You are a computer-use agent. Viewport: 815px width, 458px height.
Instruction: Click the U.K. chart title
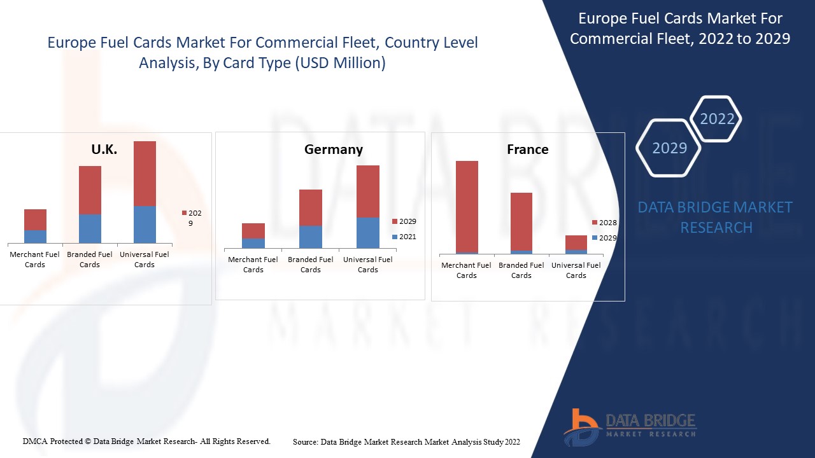point(104,150)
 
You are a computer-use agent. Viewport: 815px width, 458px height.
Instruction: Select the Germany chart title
point(333,149)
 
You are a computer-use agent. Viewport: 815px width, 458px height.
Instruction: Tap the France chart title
point(527,149)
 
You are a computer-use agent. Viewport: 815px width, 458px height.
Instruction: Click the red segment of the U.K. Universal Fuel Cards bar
point(145,173)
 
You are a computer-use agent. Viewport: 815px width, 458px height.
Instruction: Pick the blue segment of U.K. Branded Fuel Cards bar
point(90,228)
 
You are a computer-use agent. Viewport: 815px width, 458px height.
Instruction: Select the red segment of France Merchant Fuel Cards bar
point(467,206)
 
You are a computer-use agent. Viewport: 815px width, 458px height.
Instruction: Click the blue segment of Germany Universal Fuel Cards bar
point(367,233)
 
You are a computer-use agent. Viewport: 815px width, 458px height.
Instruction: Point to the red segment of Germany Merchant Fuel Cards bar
point(253,231)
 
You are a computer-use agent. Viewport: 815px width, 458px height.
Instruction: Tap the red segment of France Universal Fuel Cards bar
point(576,242)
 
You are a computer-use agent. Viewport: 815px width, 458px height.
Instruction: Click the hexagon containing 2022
point(716,119)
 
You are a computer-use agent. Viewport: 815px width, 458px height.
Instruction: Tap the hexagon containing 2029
point(669,148)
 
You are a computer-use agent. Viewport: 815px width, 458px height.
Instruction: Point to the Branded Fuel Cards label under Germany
point(310,265)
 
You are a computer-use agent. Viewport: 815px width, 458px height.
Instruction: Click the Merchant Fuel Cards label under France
point(466,270)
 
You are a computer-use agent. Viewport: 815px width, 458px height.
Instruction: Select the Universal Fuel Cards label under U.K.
point(145,260)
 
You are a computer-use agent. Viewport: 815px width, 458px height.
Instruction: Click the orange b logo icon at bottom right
point(581,426)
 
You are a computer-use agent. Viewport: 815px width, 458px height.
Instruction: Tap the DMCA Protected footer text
point(146,441)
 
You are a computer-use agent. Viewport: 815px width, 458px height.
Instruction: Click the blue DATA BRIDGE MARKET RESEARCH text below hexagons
point(716,217)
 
